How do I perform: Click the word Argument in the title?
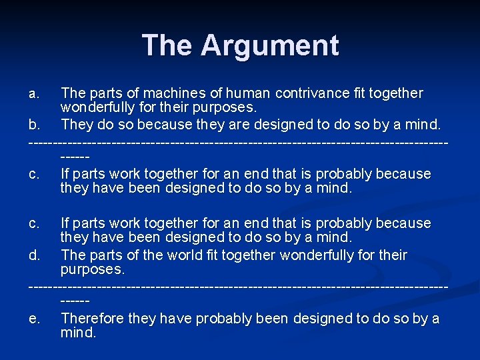tap(270, 45)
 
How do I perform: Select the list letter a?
tap(35, 93)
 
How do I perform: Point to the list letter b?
tap(35, 125)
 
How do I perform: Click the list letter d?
tap(35, 255)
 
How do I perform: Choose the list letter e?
tap(35, 319)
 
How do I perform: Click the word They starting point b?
tap(76, 125)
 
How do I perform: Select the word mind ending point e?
tap(76, 333)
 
